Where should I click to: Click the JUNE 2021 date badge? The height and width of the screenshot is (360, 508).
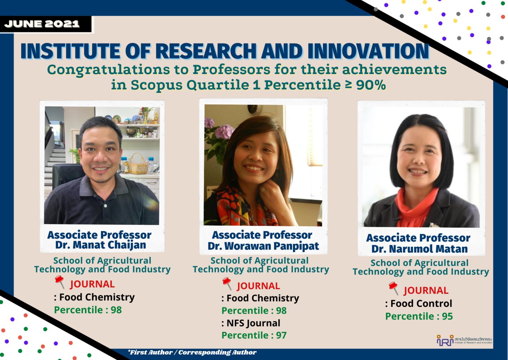tap(42, 24)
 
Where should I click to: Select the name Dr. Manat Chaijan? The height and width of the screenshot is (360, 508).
tap(101, 245)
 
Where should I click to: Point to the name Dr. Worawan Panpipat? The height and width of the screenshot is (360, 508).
tap(263, 246)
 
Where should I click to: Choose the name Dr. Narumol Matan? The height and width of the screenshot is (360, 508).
tap(419, 249)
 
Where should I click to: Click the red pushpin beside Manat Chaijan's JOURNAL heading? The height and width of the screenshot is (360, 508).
tap(60, 282)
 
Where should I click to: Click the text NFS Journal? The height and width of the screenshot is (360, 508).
tap(253, 323)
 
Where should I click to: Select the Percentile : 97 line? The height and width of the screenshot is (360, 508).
tap(254, 335)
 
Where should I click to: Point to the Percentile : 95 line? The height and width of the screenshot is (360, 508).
tap(419, 316)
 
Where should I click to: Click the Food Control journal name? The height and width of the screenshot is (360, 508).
tap(421, 303)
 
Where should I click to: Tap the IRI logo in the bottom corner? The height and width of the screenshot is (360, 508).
tap(445, 340)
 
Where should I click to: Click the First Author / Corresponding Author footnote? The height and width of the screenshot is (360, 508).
tap(192, 352)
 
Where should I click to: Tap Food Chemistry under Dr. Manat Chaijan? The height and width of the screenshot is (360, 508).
tap(97, 297)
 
